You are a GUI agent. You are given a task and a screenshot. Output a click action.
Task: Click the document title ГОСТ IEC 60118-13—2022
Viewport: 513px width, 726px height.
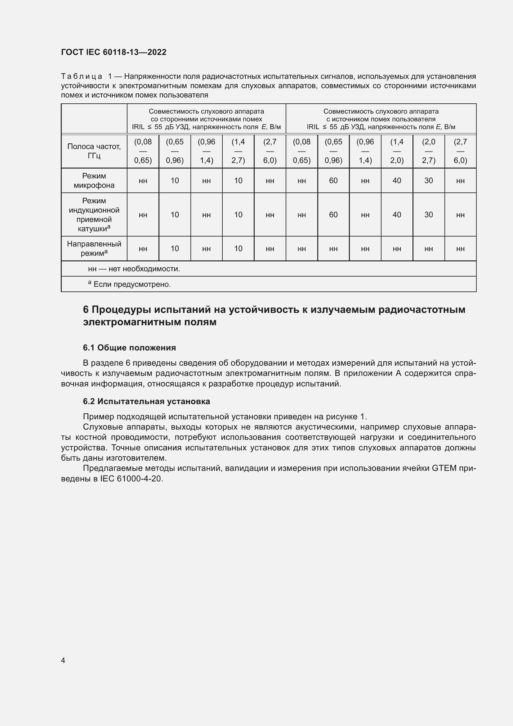pos(114,52)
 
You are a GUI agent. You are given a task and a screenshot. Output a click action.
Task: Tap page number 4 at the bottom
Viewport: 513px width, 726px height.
pos(63,660)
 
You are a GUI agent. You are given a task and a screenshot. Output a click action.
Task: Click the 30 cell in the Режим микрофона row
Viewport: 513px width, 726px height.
pos(428,181)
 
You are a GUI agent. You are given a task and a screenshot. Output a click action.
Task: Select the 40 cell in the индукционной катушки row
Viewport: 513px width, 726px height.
pos(397,215)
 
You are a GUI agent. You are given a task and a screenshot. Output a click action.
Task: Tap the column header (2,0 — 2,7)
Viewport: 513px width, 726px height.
pos(428,151)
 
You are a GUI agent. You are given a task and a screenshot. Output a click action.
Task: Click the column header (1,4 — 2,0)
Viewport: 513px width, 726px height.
pos(397,151)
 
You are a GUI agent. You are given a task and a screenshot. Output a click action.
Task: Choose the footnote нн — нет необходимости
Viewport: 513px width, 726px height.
pos(134,269)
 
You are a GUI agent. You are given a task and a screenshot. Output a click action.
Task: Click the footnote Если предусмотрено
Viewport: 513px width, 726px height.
pos(132,284)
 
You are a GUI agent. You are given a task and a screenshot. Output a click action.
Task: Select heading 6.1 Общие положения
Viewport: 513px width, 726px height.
pos(129,348)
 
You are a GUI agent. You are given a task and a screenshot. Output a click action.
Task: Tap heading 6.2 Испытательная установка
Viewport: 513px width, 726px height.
pos(146,401)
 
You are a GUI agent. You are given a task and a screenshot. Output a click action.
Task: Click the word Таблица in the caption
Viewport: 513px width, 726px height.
pos(82,77)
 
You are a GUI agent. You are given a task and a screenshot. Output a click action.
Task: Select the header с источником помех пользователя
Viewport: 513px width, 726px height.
pos(381,119)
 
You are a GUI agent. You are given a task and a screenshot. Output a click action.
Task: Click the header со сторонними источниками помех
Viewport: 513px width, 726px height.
pos(206,119)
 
